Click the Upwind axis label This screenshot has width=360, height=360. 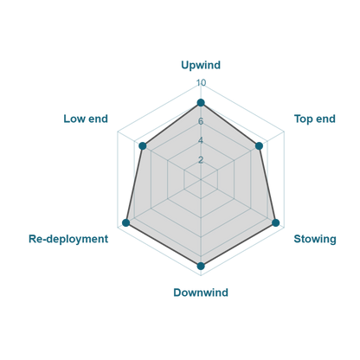(201, 65)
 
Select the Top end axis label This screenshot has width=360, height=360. (315, 119)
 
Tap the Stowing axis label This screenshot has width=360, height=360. (315, 239)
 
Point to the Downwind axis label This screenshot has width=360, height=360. (201, 292)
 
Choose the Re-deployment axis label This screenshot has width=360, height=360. (68, 239)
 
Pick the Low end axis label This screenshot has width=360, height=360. (86, 119)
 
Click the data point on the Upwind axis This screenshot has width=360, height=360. (201, 103)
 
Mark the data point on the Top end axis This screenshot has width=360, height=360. (259, 146)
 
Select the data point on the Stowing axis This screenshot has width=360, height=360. (276, 222)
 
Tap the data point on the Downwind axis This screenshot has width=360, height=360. (201, 266)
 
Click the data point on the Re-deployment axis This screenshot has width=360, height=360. (125, 222)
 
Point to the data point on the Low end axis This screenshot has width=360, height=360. (143, 146)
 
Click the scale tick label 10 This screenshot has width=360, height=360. (201, 83)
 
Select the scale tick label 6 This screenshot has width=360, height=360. (201, 121)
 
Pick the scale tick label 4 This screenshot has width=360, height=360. (201, 141)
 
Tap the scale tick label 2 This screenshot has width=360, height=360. (201, 160)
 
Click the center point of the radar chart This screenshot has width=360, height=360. (201, 180)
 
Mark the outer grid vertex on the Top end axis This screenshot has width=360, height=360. (284, 132)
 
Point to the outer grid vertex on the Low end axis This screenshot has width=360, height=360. (118, 132)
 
